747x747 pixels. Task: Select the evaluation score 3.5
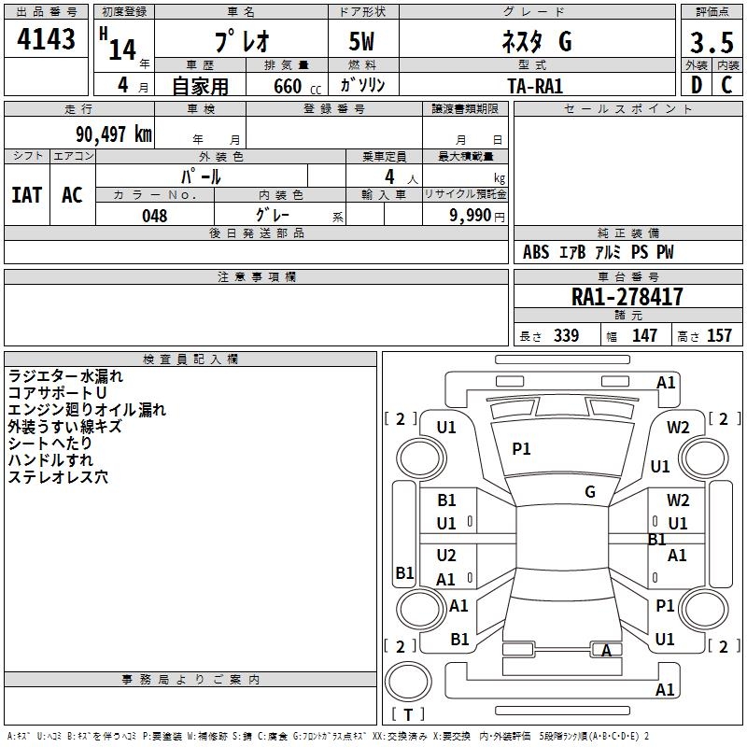(710, 43)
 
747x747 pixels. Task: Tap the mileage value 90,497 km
(114, 134)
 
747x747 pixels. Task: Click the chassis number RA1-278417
(627, 297)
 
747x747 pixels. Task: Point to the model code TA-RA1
(535, 85)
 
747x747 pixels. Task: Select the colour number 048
(155, 216)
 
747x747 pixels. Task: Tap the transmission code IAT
(26, 195)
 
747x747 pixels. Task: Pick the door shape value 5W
(363, 43)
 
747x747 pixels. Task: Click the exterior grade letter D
(696, 85)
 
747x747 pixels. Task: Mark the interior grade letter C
(726, 85)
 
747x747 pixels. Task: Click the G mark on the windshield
(590, 491)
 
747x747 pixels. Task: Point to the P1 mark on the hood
(521, 449)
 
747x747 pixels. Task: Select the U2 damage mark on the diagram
(446, 556)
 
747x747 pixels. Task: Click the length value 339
(566, 336)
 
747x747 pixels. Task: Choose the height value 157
(719, 336)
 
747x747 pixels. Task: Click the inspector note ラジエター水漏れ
(65, 376)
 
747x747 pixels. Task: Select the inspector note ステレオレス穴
(58, 477)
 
